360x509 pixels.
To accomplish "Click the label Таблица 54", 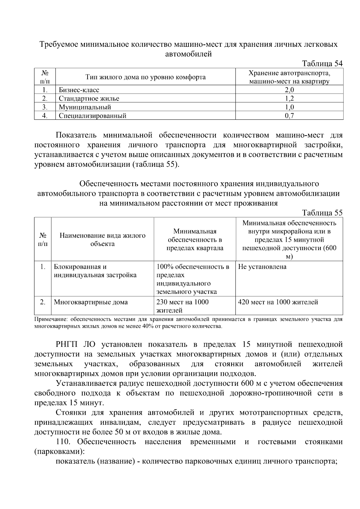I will pos(322,64).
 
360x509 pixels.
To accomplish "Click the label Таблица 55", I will pos(322,213).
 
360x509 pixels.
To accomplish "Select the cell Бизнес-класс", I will pos(79,90).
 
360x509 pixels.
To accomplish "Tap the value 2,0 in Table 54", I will pos(289,90).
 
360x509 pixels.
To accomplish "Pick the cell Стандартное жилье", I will pos(89,98).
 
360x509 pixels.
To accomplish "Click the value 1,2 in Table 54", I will pos(289,98).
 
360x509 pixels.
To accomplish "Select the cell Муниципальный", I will pos(85,107).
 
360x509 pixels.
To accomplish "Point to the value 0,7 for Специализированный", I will pos(289,116).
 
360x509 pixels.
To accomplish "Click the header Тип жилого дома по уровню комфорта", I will pos(145,77).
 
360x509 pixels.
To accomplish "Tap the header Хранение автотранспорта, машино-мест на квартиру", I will pos(289,77).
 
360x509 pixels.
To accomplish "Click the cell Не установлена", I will pos(262,267).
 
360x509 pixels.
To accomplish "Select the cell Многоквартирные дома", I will pos(91,302).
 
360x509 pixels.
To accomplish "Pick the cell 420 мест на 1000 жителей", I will pos(278,302).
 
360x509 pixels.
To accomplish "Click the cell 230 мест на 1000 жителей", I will pos(182,306).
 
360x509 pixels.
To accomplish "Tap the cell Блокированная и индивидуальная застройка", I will pos(95,271).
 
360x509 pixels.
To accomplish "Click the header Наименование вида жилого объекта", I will pos(102,240).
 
